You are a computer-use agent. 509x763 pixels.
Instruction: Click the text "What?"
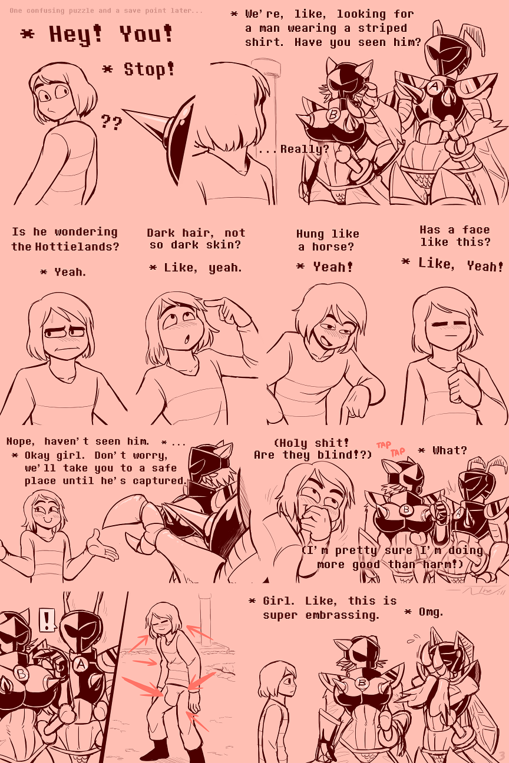pyautogui.click(x=449, y=450)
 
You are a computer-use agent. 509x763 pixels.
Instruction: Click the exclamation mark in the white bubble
pyautogui.click(x=46, y=619)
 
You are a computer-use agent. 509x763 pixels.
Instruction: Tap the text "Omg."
pyautogui.click(x=430, y=612)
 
